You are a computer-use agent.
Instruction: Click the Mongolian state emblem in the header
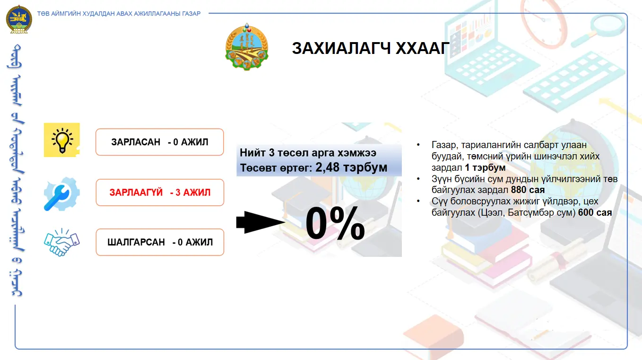[19, 19]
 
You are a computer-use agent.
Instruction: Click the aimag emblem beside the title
[247, 47]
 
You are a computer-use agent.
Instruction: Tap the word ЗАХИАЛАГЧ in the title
[341, 48]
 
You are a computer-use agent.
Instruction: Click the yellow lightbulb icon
[62, 140]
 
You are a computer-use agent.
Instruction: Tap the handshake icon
[61, 242]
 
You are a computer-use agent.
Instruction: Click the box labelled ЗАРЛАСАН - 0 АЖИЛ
[160, 142]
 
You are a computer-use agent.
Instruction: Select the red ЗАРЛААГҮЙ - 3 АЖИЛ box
[160, 193]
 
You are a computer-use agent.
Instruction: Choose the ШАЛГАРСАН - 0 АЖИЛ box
[160, 242]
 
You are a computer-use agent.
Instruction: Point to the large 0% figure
[335, 223]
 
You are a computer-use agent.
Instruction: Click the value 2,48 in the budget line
[328, 167]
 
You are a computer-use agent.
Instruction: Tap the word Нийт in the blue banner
[252, 153]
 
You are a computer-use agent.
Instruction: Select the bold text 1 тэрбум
[485, 167]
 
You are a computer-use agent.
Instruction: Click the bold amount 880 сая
[528, 190]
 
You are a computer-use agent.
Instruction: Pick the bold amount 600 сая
[595, 212]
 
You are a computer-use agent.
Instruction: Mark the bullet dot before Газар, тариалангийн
[418, 145]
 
